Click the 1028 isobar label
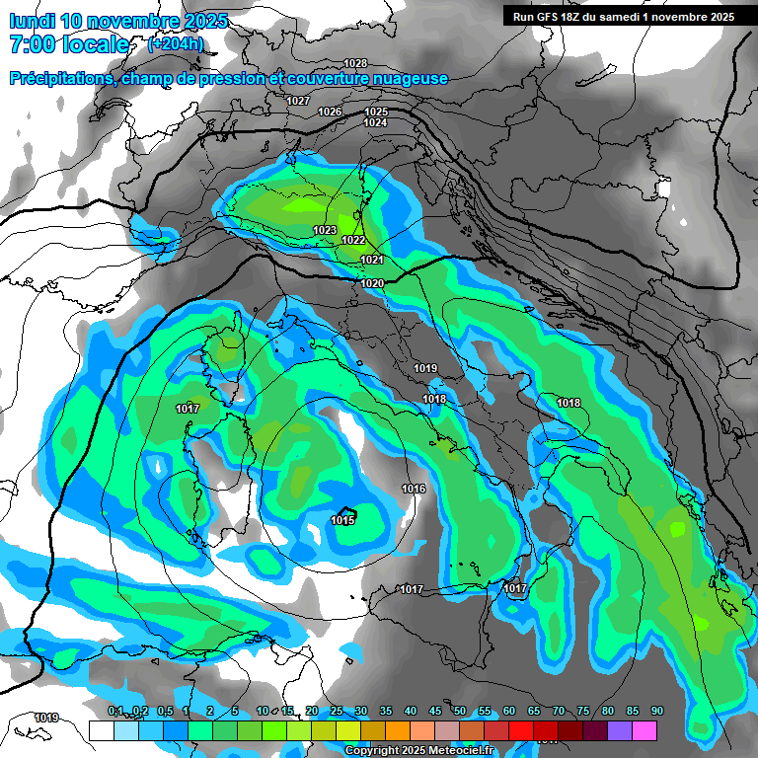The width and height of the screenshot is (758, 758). tap(355, 63)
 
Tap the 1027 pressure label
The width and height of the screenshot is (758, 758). tap(298, 102)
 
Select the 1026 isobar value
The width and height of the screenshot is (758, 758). tap(330, 112)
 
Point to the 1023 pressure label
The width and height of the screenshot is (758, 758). tap(325, 230)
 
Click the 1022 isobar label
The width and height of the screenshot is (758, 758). tap(353, 240)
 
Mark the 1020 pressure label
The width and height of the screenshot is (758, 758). tap(372, 283)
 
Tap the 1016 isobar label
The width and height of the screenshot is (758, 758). tap(414, 490)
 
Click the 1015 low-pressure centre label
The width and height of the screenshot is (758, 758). tap(342, 520)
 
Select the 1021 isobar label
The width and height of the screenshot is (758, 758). tap(372, 260)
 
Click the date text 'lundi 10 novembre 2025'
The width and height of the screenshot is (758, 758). tap(117, 21)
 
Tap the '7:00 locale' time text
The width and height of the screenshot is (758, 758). tap(69, 44)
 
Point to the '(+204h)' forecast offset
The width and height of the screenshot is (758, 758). tap(175, 44)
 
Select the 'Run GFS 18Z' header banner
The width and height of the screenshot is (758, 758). tap(623, 16)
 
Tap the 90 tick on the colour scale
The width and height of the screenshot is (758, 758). tap(656, 712)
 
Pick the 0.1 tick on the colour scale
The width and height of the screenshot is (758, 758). tap(114, 712)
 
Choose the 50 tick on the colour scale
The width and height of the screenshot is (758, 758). tap(460, 712)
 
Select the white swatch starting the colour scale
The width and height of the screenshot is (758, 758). tap(101, 730)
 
